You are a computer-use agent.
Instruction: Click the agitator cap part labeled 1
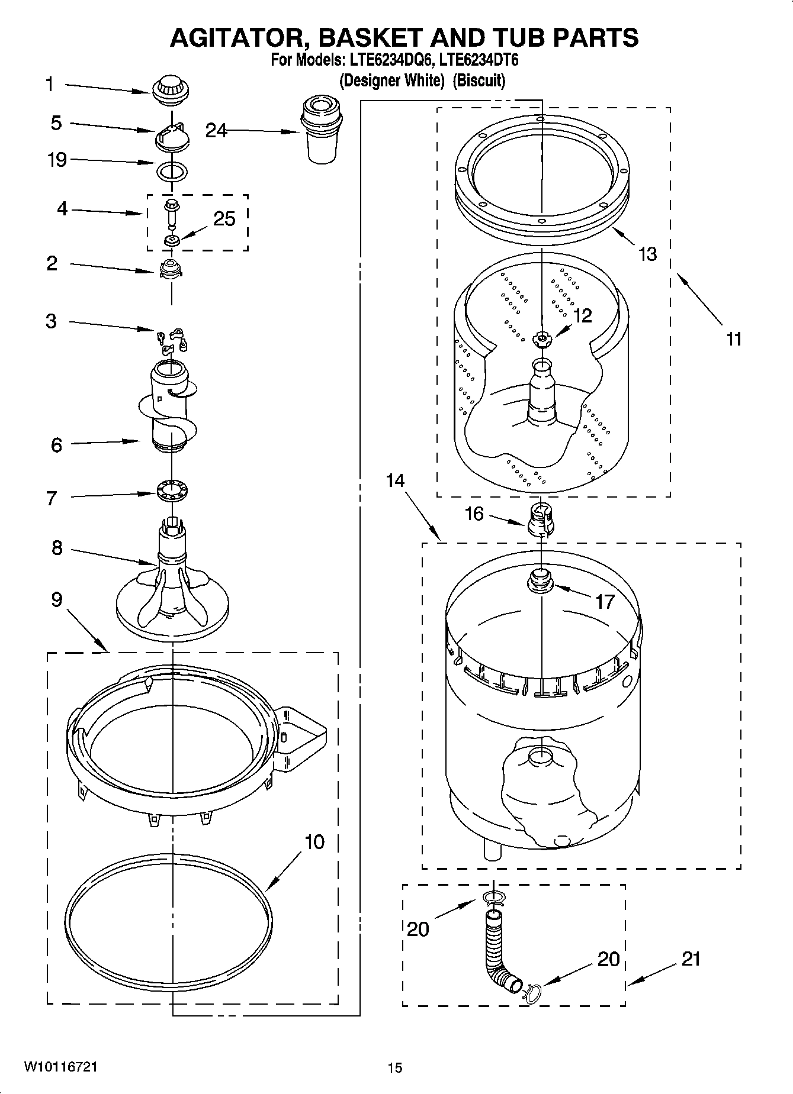coord(169,90)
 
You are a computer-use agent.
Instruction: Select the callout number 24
coord(216,131)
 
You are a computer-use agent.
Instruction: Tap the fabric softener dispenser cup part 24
coord(322,131)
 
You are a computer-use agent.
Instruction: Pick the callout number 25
coord(224,219)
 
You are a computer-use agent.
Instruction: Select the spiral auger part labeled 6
coord(170,414)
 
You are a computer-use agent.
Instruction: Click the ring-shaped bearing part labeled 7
coord(172,490)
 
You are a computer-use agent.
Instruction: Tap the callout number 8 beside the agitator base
coord(56,548)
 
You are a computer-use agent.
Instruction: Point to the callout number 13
coord(647,254)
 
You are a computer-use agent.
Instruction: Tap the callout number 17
coord(605,602)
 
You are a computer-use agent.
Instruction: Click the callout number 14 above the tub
coord(395,480)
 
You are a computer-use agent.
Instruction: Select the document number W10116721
coord(61,1067)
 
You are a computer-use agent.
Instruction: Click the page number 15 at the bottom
coord(395,1067)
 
